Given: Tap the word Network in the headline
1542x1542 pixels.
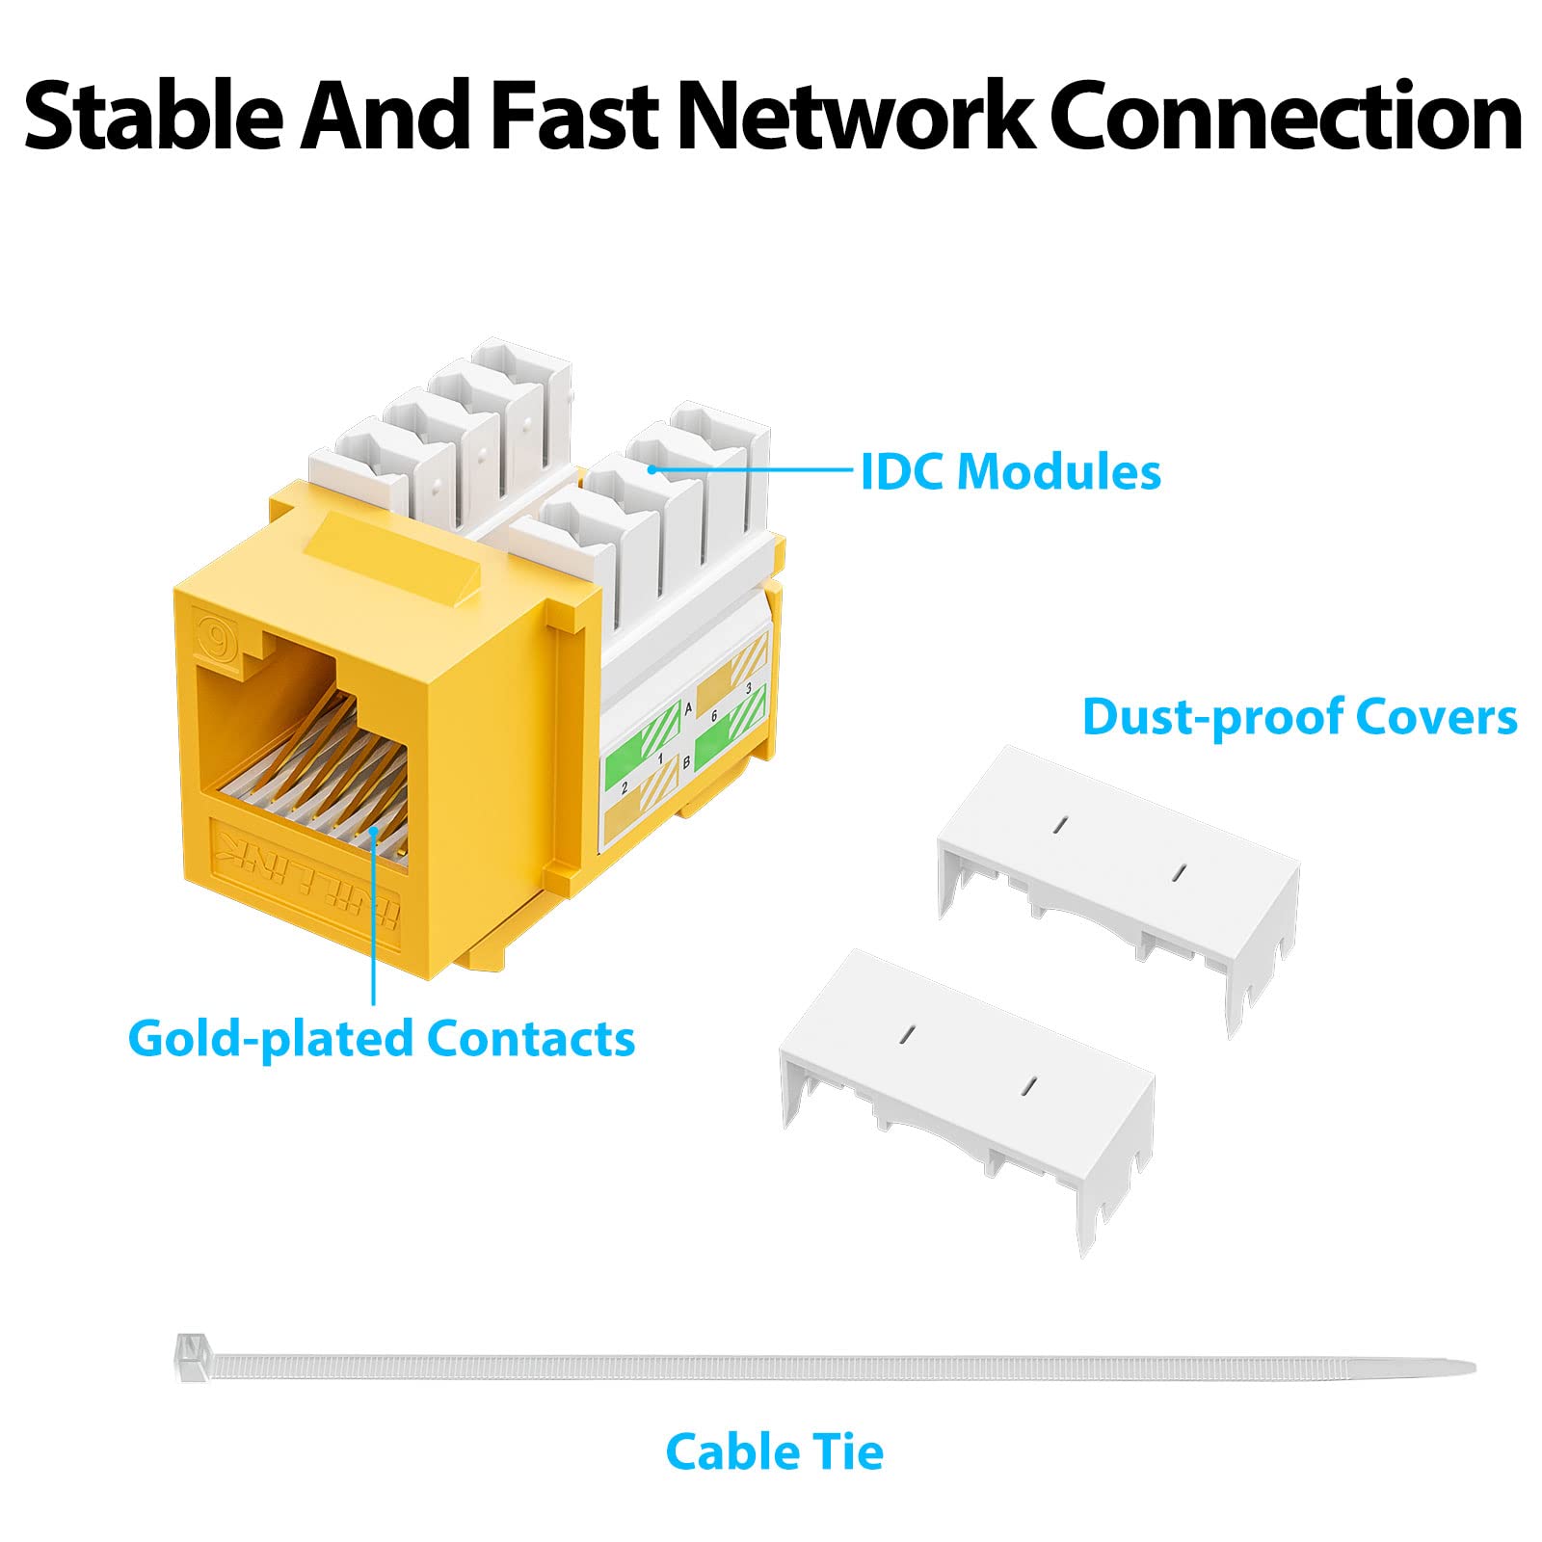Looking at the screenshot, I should [854, 118].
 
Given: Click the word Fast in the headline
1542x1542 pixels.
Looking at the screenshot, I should [574, 118].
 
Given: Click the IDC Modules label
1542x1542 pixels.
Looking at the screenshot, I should [1010, 472].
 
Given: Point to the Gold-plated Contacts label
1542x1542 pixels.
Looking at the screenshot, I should [381, 1039].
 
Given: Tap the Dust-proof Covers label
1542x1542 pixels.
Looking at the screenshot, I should [1299, 718].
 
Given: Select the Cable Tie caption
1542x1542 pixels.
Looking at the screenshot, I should [774, 1452].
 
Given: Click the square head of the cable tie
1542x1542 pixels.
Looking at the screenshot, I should [191, 1357].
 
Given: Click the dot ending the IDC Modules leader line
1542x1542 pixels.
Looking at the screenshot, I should [652, 469].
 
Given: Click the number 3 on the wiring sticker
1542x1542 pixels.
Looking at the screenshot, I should [749, 688].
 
